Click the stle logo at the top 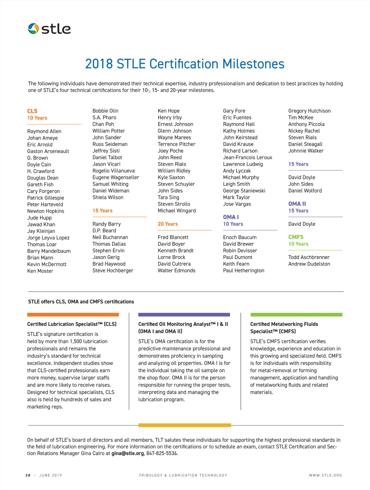(49, 29)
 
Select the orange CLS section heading (32, 111)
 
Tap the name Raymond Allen (44, 131)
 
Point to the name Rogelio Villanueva (113, 171)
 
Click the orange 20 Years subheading (168, 224)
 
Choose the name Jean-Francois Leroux (248, 157)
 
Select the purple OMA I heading (231, 217)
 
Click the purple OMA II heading (297, 204)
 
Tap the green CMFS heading (296, 237)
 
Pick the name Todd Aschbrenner (309, 257)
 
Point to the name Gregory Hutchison (309, 111)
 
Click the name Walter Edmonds (176, 271)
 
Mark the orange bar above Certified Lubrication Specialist (73, 315)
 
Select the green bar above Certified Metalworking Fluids (296, 315)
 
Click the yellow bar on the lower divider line (185, 425)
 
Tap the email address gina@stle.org (128, 453)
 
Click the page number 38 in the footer (28, 475)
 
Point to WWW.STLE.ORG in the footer (325, 475)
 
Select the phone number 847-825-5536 (162, 453)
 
